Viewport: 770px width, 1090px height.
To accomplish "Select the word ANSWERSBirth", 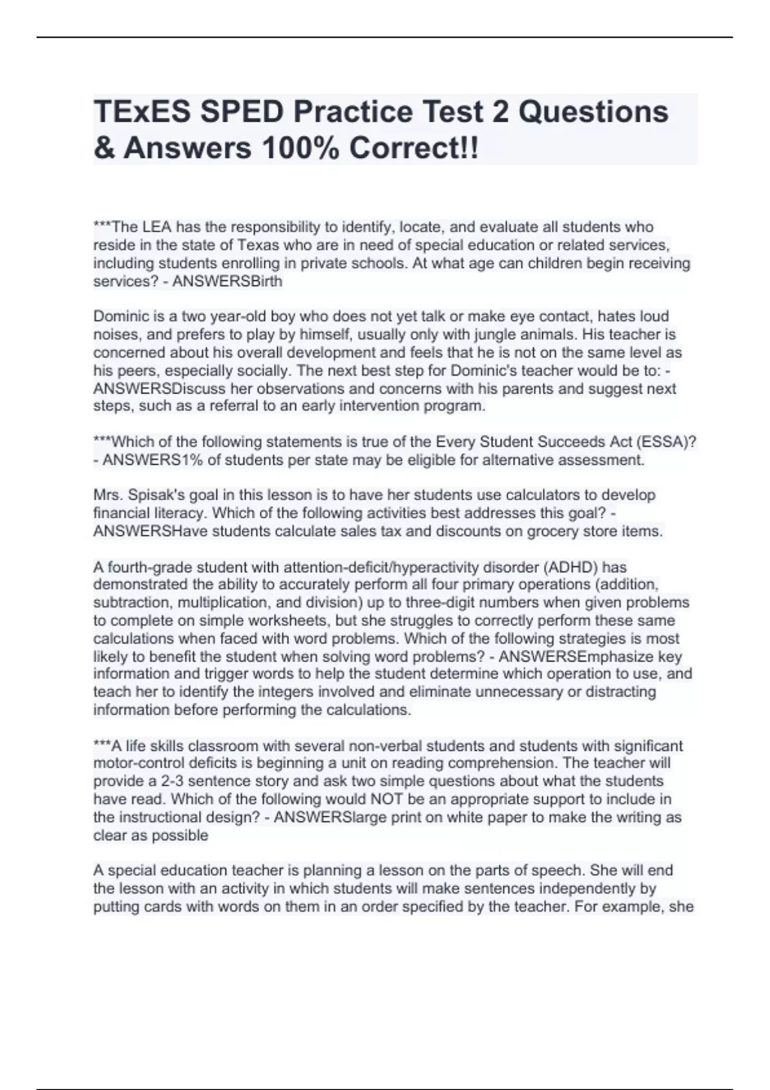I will click(x=227, y=281).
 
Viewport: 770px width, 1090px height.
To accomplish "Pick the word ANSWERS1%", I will click(x=143, y=460).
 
